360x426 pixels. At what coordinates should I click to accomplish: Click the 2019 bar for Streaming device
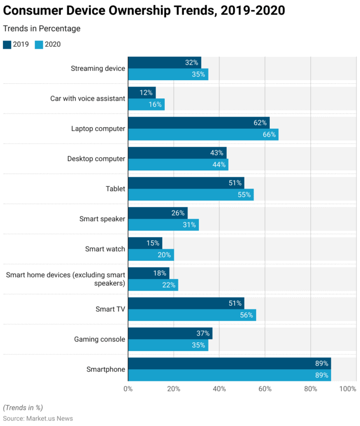[164, 62]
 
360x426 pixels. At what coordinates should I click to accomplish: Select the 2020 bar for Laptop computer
[203, 134]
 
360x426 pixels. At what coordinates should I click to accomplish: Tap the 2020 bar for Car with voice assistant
[146, 104]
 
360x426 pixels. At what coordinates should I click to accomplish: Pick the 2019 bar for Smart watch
[145, 243]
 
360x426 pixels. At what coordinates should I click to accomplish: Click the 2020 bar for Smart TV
[192, 315]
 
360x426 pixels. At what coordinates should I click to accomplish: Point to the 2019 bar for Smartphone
[229, 363]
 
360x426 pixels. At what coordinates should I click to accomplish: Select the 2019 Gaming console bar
[170, 333]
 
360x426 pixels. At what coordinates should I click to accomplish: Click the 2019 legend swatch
[7, 44]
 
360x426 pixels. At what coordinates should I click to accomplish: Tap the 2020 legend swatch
[39, 44]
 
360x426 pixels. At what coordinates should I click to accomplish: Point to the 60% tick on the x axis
[265, 389]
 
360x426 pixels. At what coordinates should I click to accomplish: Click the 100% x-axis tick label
[348, 389]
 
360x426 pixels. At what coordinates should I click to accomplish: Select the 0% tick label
[128, 389]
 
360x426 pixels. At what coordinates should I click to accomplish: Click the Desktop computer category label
[96, 159]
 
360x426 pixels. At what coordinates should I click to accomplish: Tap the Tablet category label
[115, 189]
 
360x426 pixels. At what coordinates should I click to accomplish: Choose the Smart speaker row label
[102, 219]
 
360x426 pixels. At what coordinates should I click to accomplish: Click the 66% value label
[269, 134]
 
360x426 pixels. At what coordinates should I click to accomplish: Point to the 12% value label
[147, 92]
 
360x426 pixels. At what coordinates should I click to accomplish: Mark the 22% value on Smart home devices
[169, 285]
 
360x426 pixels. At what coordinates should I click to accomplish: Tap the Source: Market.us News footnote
[38, 418]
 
